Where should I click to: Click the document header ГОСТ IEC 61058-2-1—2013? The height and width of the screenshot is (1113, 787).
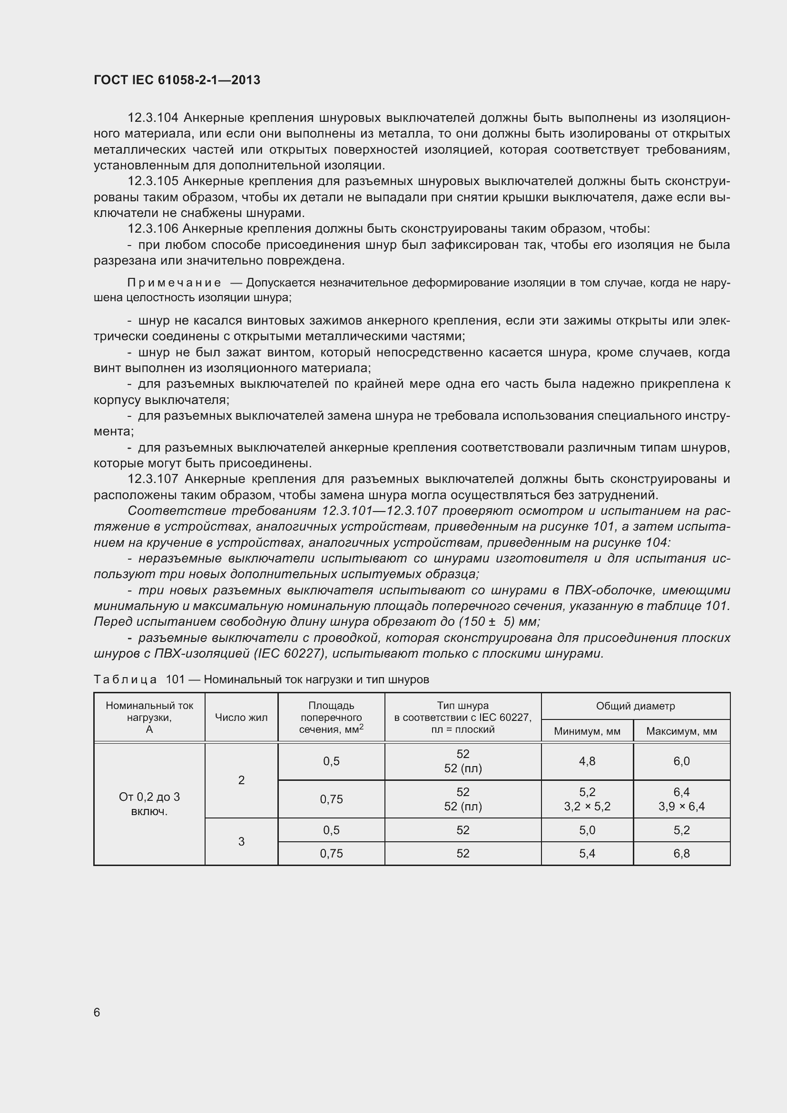[x=177, y=80]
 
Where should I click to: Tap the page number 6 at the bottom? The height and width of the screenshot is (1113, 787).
[x=97, y=1012]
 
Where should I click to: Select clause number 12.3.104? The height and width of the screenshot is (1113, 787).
[x=153, y=118]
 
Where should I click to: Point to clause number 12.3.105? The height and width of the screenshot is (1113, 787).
[x=153, y=181]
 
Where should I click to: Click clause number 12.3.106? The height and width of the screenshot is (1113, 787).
[x=153, y=229]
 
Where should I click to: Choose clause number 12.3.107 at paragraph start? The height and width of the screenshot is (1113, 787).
[x=153, y=479]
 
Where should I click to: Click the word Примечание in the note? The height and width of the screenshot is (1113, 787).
[x=174, y=283]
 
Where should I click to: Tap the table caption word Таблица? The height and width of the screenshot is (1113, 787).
[x=125, y=680]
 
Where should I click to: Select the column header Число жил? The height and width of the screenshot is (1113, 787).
[x=241, y=718]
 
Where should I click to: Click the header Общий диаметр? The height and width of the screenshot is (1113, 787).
[x=635, y=706]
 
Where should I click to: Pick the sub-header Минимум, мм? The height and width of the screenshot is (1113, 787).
[x=587, y=731]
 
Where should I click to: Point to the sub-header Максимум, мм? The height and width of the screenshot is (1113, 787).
[x=681, y=731]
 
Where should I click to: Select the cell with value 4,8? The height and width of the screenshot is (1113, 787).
[x=587, y=761]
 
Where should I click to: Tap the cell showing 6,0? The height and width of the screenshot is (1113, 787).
[x=681, y=761]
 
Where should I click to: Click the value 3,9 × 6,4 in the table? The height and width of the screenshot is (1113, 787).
[x=681, y=807]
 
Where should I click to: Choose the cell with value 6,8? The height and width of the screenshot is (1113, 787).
[x=681, y=853]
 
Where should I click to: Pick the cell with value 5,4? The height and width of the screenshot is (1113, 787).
[x=587, y=853]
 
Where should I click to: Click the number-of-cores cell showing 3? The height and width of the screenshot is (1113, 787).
[x=241, y=842]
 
